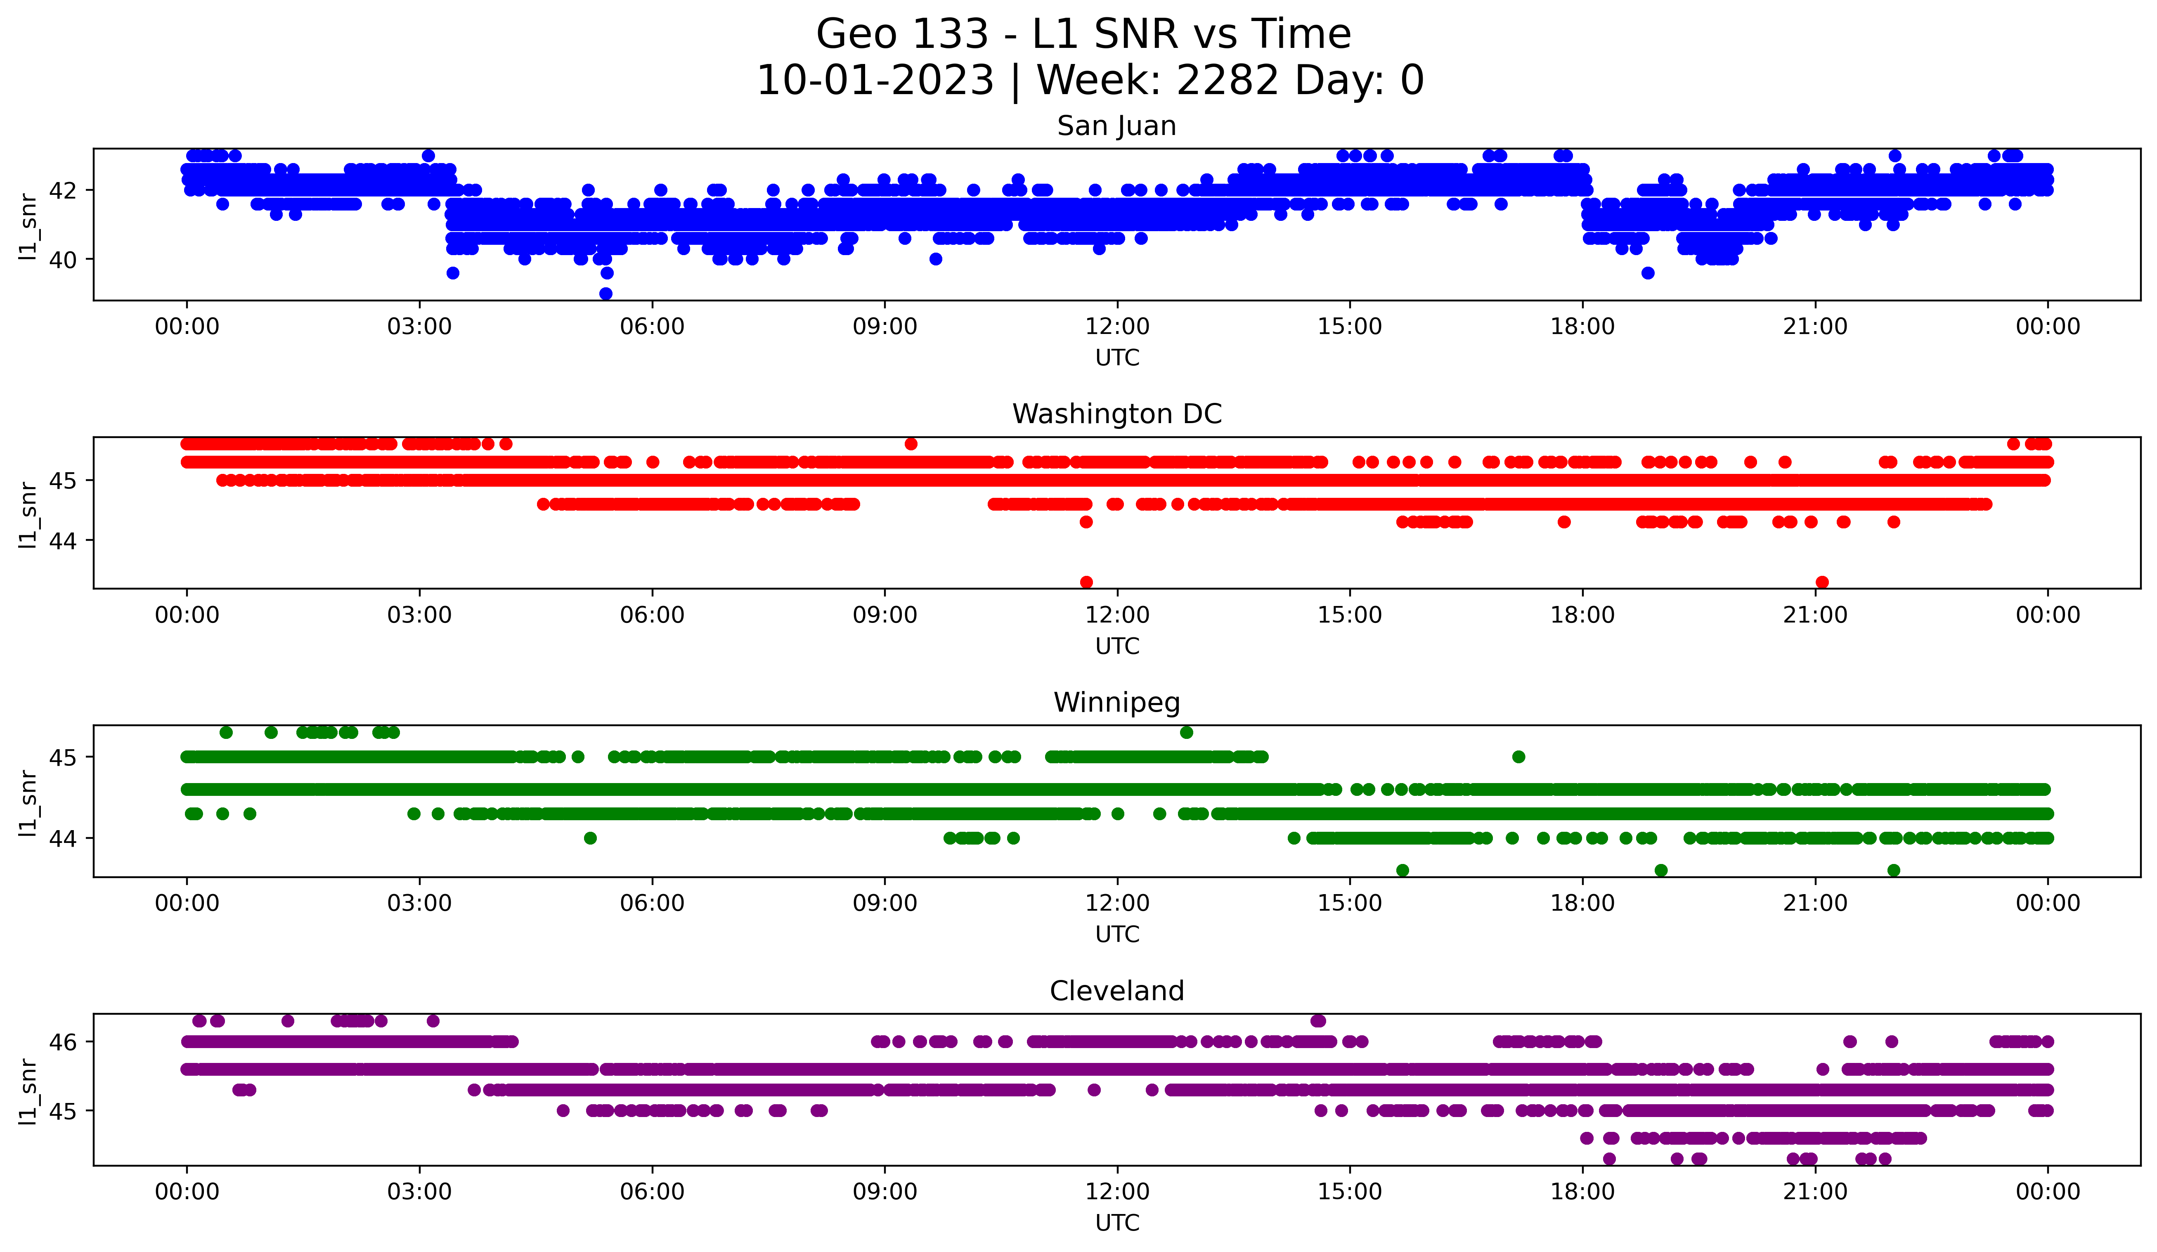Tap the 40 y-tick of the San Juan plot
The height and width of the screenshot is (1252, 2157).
coord(61,259)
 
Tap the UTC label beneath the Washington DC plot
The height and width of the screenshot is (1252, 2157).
coord(1117,646)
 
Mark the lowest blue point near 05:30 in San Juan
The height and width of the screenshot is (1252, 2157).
coord(606,293)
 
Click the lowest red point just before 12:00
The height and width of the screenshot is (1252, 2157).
coord(1086,582)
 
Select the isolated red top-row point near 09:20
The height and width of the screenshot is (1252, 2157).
coord(911,443)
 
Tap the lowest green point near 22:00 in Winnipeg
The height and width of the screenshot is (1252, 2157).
coord(1893,870)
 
